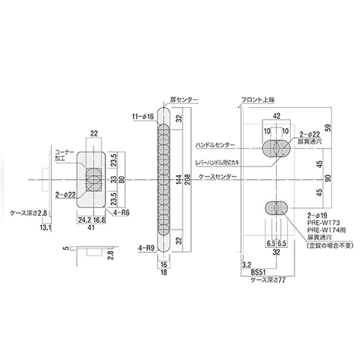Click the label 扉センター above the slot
pos(184,100)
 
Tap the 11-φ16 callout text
pos(143,116)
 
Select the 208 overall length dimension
pos(188,179)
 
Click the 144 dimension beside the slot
pos(179,179)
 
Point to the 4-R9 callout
pos(146,248)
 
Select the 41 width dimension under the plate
pos(91,227)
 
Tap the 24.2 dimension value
pos(85,220)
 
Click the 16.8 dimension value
pos(99,220)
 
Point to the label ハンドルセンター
pos(215,145)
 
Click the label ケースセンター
pos(217,177)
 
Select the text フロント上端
pos(258,100)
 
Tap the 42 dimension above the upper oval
pos(277,116)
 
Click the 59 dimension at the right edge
pos(329,128)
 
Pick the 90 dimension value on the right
pos(329,178)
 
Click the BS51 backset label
pos(258,272)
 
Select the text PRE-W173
pos(323,222)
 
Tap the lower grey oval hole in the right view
pos(276,208)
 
